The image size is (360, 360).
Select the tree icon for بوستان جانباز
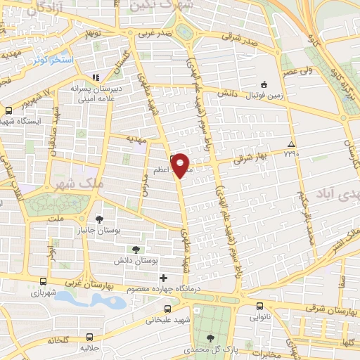pos(100,219)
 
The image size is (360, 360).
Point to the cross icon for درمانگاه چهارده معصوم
pos(164,278)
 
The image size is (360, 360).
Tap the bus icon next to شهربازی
pos(44,279)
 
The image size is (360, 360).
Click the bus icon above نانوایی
pos(259,306)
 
